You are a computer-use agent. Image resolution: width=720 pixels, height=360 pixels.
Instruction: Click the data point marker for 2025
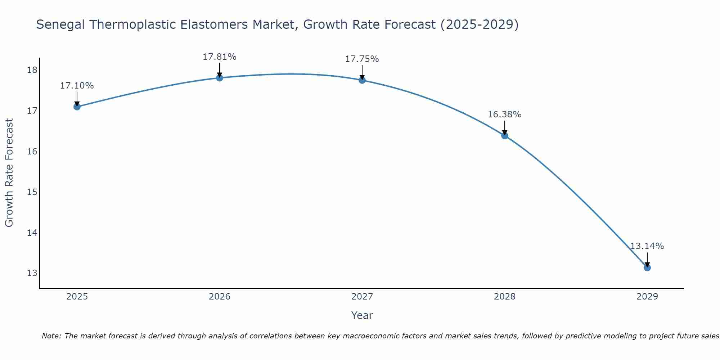(x=77, y=107)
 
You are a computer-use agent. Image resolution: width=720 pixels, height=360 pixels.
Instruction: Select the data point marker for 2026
(x=220, y=78)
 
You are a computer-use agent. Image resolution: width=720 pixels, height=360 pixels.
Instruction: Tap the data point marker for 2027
(x=362, y=80)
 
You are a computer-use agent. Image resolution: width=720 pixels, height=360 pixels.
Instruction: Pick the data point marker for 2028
(x=505, y=136)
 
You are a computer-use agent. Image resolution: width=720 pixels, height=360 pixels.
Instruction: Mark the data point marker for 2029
(x=647, y=267)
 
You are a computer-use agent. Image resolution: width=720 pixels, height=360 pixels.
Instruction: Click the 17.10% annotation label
(x=77, y=86)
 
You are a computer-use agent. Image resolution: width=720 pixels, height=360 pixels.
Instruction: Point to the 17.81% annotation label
(x=219, y=57)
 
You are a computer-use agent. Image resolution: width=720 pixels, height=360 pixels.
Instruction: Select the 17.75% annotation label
(x=362, y=59)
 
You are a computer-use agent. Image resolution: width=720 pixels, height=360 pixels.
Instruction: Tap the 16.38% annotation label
(x=504, y=114)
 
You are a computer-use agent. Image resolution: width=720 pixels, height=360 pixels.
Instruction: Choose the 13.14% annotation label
(x=647, y=246)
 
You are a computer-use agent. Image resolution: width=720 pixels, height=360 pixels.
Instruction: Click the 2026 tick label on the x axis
(x=220, y=297)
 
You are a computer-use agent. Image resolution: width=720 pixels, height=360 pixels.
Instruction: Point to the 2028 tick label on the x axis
(x=505, y=297)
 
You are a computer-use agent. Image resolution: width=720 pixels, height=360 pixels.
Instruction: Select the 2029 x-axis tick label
(x=647, y=297)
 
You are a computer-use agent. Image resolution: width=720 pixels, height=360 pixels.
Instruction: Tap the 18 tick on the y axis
(x=32, y=70)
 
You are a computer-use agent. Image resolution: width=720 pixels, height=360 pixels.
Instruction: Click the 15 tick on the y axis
(x=32, y=192)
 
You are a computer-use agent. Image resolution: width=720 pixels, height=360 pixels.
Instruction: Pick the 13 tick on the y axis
(x=32, y=273)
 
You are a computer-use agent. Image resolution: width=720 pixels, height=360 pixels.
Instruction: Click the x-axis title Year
(x=362, y=315)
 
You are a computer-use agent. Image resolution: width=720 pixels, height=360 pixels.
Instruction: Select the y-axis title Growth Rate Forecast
(x=9, y=173)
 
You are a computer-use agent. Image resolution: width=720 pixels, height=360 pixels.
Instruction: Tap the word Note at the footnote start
(x=51, y=336)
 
